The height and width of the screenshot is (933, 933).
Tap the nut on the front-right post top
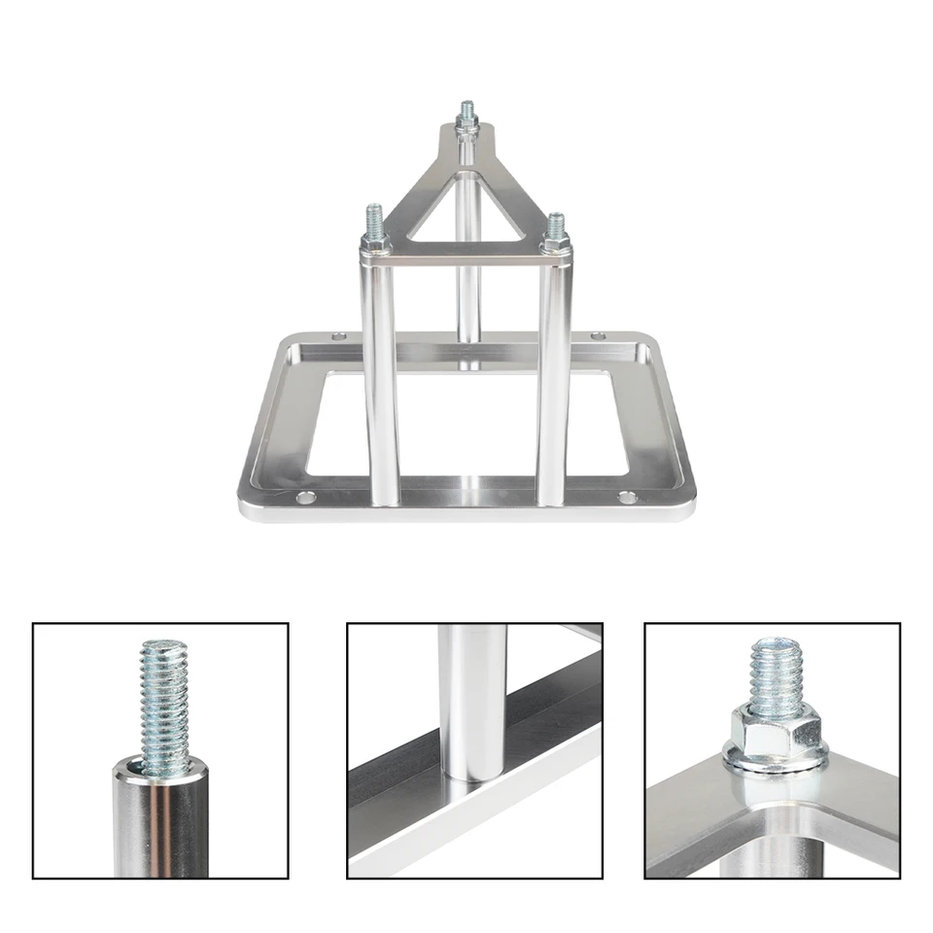point(555,238)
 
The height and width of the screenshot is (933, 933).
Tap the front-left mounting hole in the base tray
point(306,498)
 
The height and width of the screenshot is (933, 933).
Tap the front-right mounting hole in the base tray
point(628,498)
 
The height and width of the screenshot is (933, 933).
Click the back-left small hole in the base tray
point(337,336)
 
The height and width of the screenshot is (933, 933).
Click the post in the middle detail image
point(471,700)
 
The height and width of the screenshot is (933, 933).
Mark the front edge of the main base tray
point(466,511)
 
